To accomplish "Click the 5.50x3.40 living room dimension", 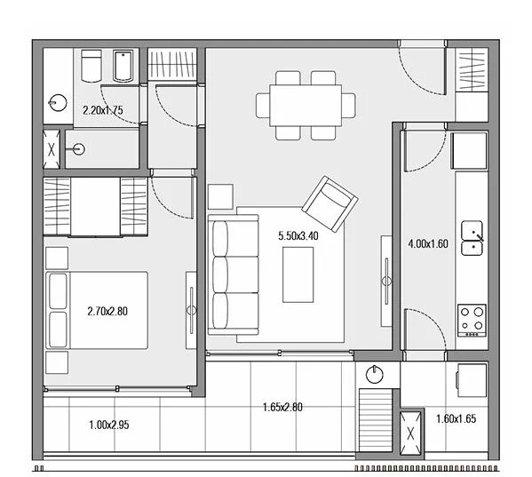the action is [298, 235].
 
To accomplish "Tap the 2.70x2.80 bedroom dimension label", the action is [107, 311].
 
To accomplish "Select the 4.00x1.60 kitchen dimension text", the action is [428, 243].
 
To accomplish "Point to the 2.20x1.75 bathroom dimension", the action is [103, 110].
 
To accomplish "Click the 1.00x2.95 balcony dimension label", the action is [109, 425].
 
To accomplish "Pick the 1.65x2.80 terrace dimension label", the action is [282, 407].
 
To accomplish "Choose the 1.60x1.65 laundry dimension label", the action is [457, 418].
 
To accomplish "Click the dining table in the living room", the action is [306, 105].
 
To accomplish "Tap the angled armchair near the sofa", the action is [330, 204].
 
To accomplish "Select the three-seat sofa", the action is [234, 274].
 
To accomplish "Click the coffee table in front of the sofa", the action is [298, 274].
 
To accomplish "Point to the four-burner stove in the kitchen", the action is [472, 321].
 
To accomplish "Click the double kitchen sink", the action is [472, 238].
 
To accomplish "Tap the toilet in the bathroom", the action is [91, 66].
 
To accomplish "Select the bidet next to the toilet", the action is [123, 66].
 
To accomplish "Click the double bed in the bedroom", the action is [97, 310].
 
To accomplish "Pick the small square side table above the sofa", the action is [220, 197].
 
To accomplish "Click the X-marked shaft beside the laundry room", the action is [410, 433].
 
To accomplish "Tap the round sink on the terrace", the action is [375, 375].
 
